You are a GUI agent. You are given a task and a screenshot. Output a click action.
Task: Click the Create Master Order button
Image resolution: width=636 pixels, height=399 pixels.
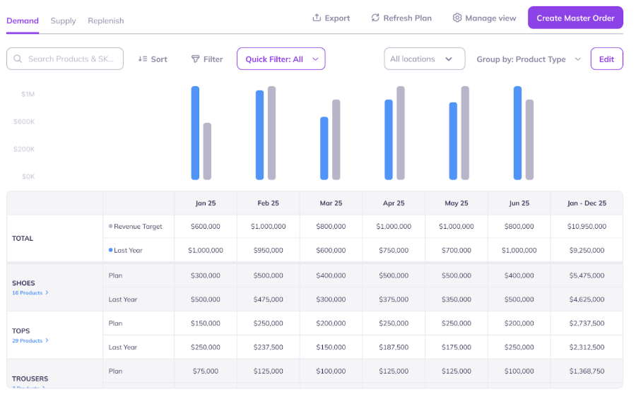pos(575,18)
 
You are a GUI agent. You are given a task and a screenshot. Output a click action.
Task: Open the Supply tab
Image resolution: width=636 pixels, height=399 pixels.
pos(63,20)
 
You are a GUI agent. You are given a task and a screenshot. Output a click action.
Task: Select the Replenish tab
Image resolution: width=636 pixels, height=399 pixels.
pos(106,20)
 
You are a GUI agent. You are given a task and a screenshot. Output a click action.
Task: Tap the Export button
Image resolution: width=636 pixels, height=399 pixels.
pos(331,18)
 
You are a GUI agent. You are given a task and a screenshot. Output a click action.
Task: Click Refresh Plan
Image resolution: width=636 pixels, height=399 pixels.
pos(401,18)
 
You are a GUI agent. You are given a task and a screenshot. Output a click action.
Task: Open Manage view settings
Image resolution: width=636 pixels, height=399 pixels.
pos(485,18)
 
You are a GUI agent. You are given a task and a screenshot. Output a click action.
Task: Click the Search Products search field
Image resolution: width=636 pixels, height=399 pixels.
pos(65,59)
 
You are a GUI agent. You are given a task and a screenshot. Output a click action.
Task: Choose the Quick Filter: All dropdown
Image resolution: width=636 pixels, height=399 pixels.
pos(281,59)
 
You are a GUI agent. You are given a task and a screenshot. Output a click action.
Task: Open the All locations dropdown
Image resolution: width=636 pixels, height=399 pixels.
pos(424,59)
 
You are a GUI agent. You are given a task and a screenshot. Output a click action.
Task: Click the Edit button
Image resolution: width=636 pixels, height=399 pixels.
pos(606,59)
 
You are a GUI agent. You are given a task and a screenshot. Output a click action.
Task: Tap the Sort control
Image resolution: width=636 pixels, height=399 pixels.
pos(153,59)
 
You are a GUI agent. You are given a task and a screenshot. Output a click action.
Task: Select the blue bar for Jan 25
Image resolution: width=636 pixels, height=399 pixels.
pos(195,133)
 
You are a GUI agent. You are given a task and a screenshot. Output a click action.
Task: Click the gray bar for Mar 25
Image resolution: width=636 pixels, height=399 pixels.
pos(336,139)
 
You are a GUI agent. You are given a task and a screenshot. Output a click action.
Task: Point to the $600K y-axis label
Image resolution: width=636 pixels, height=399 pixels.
pos(24,121)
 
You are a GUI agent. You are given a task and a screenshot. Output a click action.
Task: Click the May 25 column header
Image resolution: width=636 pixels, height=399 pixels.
pos(456,203)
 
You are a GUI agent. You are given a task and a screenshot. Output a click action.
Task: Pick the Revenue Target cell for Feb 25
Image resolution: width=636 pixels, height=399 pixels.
pos(268,227)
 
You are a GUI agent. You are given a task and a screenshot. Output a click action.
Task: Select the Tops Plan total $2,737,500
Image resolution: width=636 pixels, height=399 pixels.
pos(586,323)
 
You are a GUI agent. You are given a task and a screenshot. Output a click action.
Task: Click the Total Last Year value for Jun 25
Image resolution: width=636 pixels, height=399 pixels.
pos(519,251)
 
